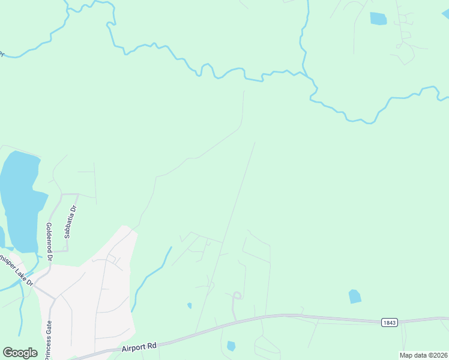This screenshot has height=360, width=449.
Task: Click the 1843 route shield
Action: (x=389, y=323)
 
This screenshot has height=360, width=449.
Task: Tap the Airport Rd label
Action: (x=139, y=346)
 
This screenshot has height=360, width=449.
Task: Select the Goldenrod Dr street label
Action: (x=49, y=241)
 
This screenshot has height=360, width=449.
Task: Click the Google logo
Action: (x=20, y=353)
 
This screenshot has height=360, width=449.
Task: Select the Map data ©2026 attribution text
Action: (x=423, y=355)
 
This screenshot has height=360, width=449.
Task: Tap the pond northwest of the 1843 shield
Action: (x=355, y=296)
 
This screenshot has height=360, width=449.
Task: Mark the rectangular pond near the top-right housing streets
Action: (x=378, y=19)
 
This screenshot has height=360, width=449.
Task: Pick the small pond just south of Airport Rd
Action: (x=231, y=346)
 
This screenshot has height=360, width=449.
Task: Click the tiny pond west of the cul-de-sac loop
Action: (x=190, y=305)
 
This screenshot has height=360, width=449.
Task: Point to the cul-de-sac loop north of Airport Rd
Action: (x=237, y=295)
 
